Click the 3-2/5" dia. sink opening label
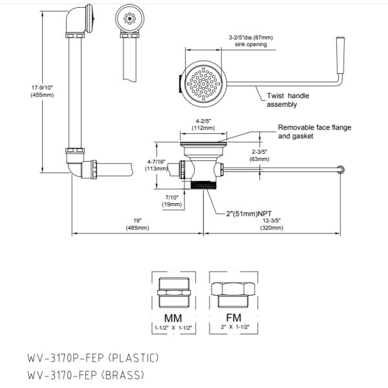pyautogui.click(x=252, y=41)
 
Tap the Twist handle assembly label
pyautogui.click(x=288, y=100)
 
